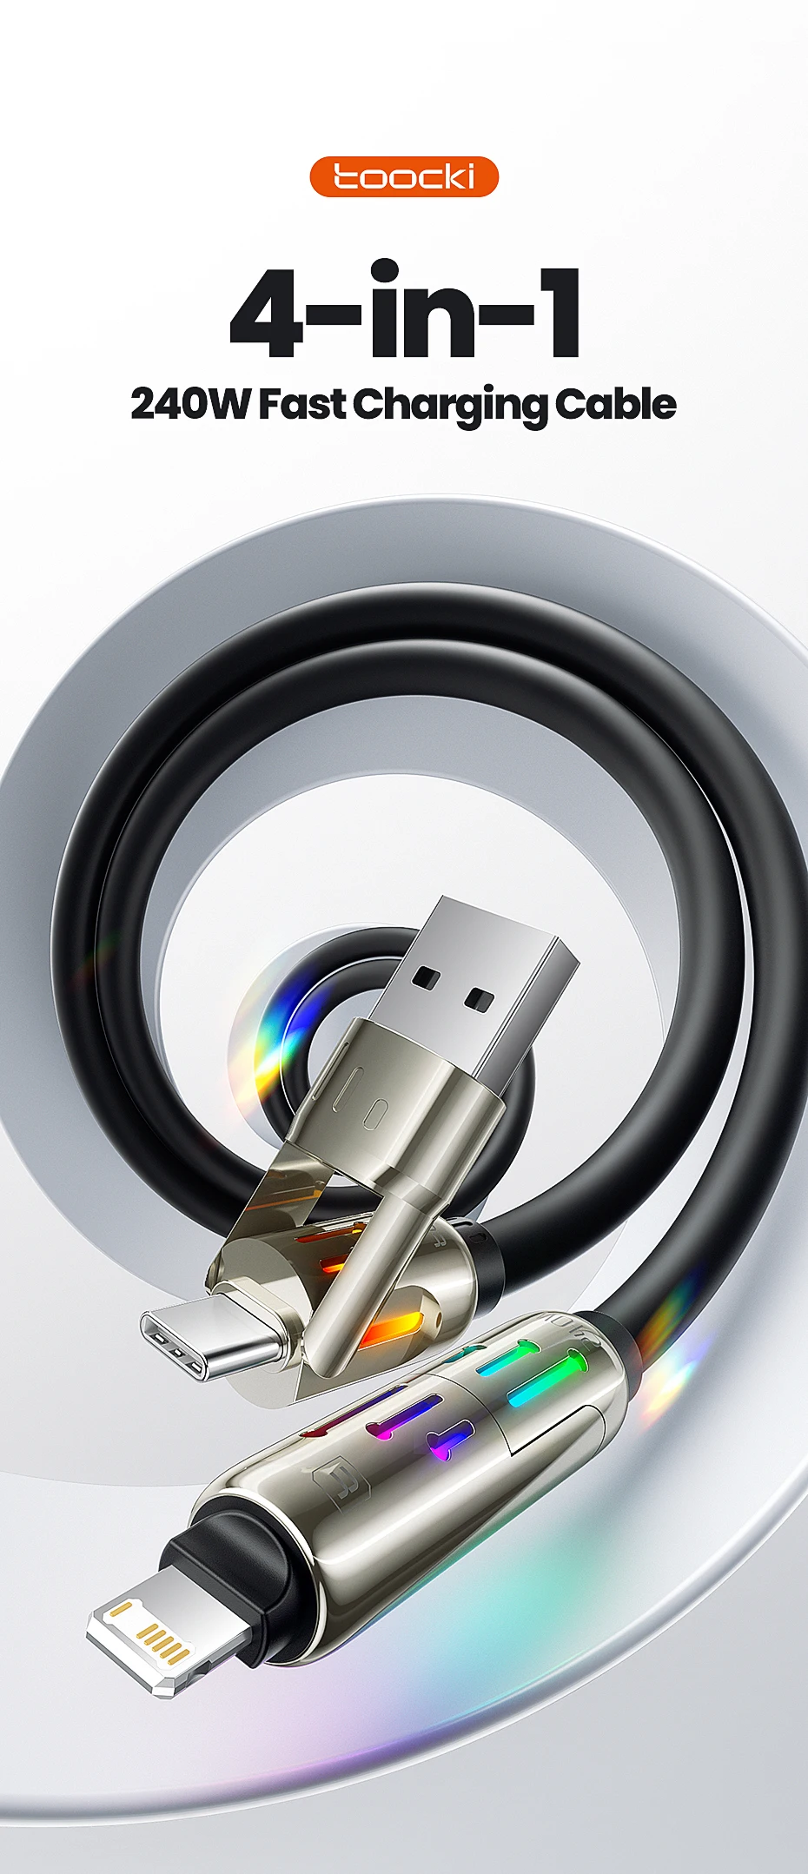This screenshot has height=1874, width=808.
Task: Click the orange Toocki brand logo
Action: (404, 176)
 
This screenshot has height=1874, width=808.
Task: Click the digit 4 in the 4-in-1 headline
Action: (267, 314)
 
